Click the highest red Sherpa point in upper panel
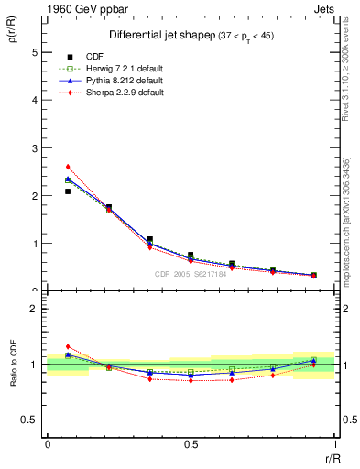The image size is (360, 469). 69,167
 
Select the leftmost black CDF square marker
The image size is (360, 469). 69,191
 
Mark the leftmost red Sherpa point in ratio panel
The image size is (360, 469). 69,346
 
